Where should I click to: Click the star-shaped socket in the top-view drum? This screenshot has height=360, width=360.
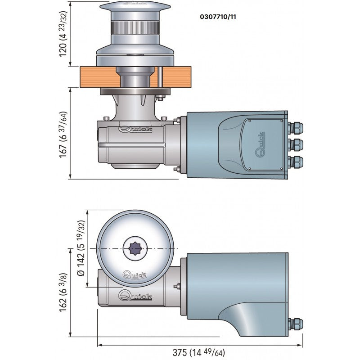tap(135, 248)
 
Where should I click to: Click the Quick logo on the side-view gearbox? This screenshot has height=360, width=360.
tap(135, 130)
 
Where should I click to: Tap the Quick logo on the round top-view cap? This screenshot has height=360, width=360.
tap(135, 274)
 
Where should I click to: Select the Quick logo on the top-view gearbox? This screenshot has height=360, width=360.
tap(135, 296)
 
